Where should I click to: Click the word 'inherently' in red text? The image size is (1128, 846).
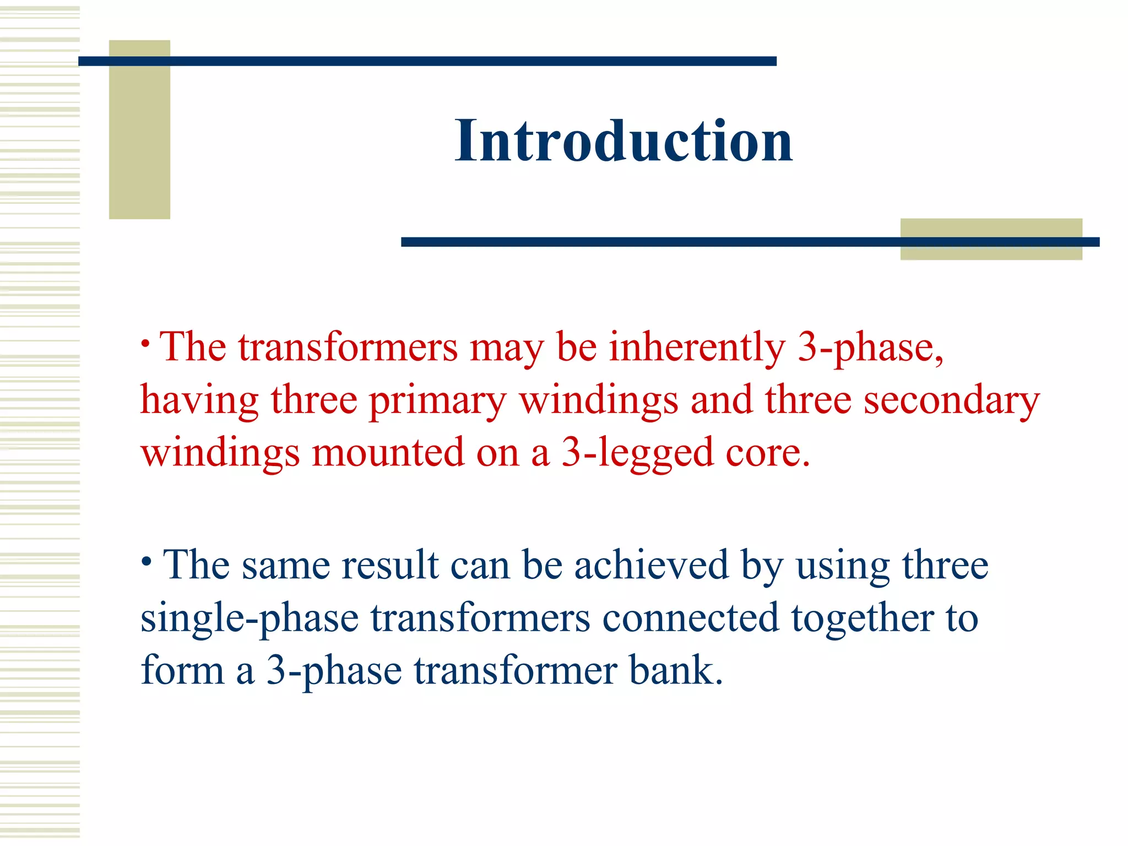click(697, 348)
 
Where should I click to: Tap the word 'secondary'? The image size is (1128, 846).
click(951, 401)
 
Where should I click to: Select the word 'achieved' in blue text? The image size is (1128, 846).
click(652, 566)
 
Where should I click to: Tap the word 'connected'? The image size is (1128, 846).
click(691, 618)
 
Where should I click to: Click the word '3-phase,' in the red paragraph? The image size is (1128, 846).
click(871, 348)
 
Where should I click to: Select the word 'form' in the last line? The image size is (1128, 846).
click(182, 671)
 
